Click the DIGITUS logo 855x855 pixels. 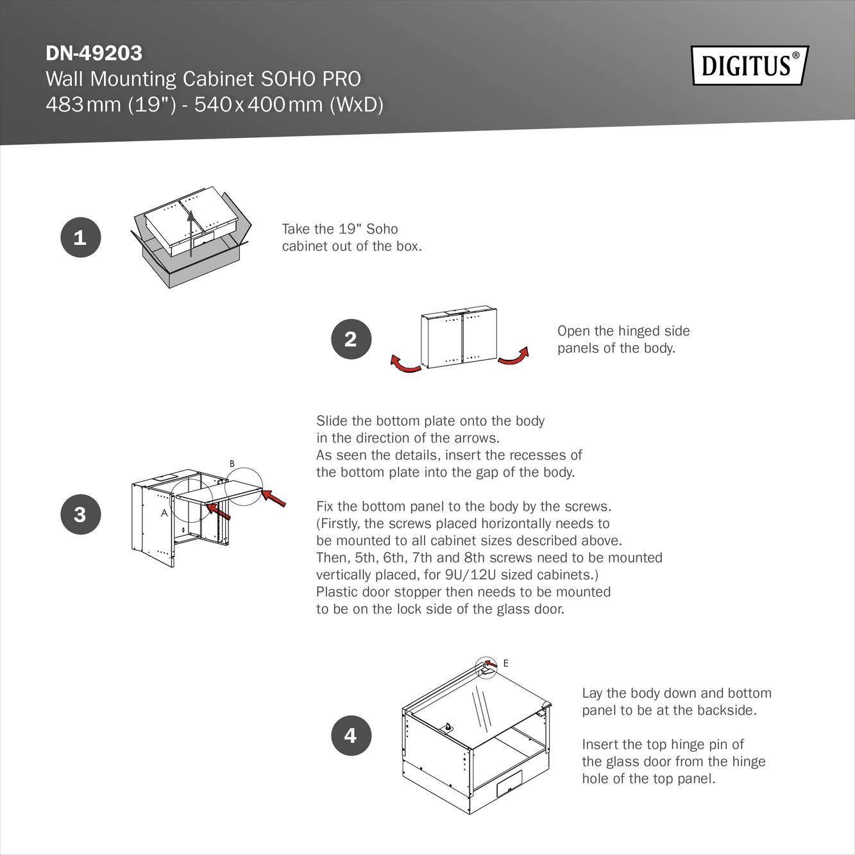click(x=749, y=65)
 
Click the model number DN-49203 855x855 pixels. click(x=94, y=53)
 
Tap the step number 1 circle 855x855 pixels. click(x=80, y=237)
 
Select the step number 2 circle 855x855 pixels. click(x=351, y=339)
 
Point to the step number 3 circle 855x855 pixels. click(x=80, y=514)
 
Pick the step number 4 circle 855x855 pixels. click(x=351, y=735)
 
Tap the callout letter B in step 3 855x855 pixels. click(x=232, y=464)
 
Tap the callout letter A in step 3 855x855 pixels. click(x=164, y=512)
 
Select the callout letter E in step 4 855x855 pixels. click(x=505, y=663)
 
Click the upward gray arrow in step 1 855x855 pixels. click(x=190, y=234)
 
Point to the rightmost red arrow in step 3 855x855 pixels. click(x=274, y=498)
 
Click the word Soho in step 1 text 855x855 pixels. click(x=382, y=229)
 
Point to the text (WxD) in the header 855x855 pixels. click(x=356, y=104)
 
